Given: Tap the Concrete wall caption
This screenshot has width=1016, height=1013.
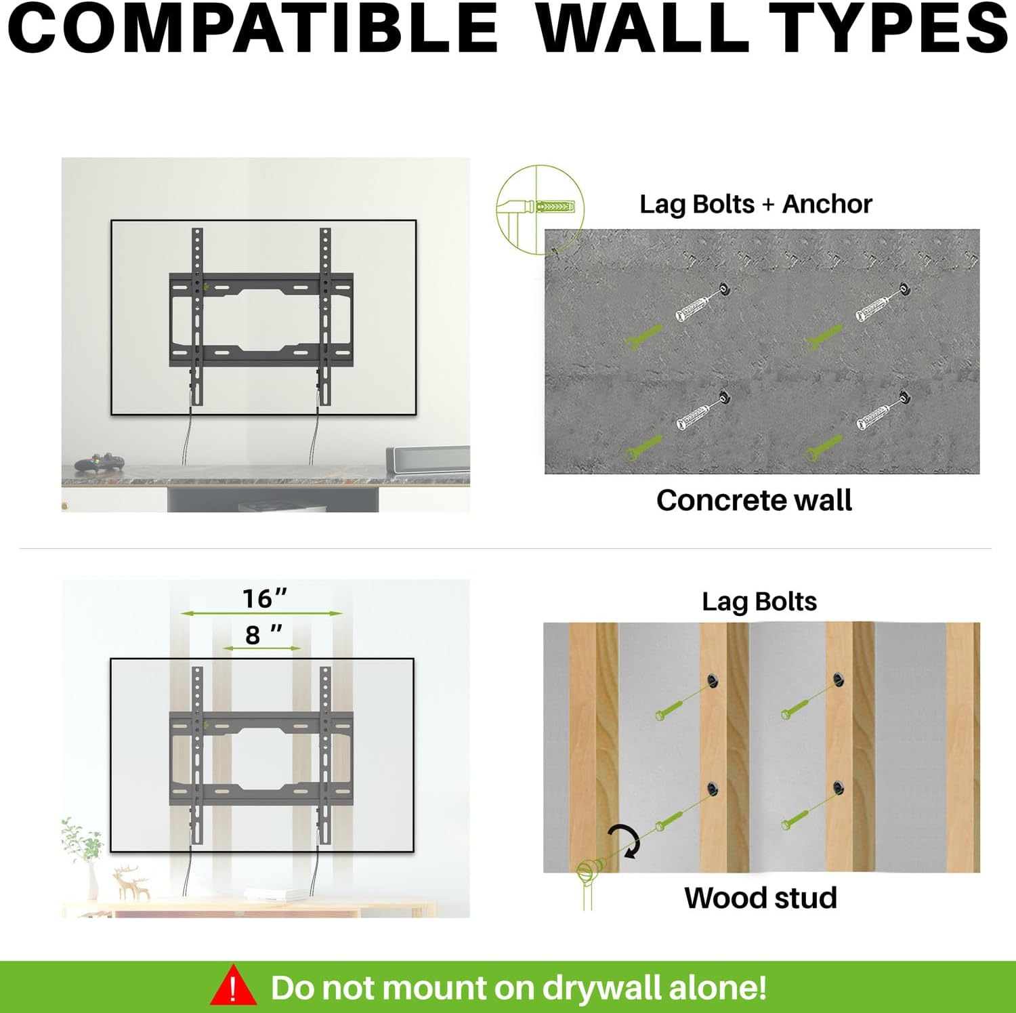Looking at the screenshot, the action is [754, 500].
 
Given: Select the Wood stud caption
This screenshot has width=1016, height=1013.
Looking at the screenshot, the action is [761, 898].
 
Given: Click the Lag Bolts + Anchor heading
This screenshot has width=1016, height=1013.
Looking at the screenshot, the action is [756, 204].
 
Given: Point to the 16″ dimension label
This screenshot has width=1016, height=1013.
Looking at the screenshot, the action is [265, 598].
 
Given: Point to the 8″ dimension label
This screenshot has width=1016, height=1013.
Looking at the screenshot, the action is [263, 635].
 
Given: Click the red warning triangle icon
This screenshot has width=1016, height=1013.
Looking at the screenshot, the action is [234, 986].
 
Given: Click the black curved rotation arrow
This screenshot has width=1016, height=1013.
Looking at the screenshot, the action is [627, 840].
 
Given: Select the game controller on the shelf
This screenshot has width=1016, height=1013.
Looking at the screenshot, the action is [100, 463].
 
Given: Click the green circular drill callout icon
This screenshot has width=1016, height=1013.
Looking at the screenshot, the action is [540, 209].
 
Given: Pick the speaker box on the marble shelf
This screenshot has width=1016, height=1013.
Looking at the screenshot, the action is [427, 459].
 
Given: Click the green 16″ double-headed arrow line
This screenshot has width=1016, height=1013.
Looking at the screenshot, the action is [261, 613].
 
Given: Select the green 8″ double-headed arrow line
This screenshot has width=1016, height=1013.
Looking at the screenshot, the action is [262, 648].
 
